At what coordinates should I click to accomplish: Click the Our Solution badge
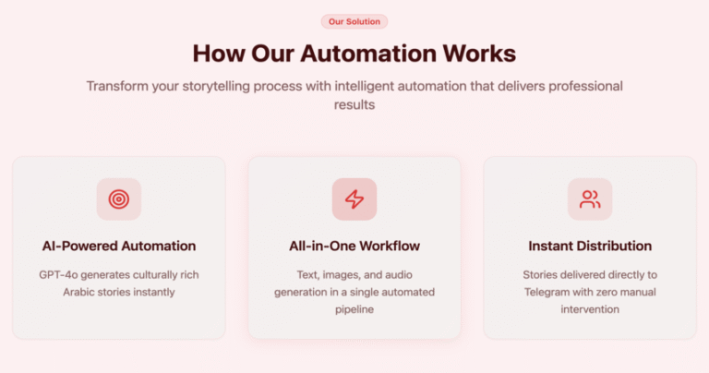tap(354, 21)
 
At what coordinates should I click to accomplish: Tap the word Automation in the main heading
tap(369, 54)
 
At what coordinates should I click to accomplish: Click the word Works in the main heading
tap(479, 54)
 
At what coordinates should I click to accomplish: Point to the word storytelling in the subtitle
tap(216, 87)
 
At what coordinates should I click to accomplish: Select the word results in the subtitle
tap(354, 105)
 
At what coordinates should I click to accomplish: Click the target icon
tap(119, 199)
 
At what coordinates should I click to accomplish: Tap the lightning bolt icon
tap(354, 199)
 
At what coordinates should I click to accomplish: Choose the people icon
tap(590, 199)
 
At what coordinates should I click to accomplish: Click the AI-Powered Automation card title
tap(119, 246)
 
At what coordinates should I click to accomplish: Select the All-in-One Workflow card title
tap(354, 246)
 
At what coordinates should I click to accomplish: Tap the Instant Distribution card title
tap(590, 246)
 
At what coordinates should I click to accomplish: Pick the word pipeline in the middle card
tap(354, 309)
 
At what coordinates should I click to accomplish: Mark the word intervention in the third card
tap(590, 309)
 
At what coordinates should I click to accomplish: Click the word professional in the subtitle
tap(585, 87)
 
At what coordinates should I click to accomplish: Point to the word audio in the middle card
tap(399, 275)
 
